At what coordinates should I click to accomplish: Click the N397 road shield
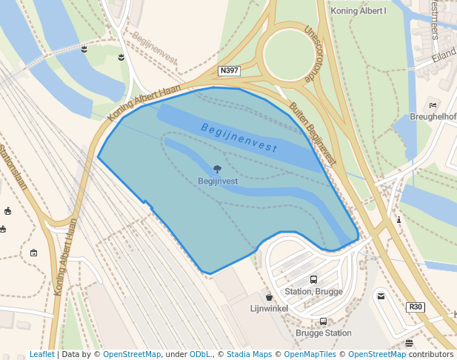point(230,71)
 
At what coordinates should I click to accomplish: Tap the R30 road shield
point(416,307)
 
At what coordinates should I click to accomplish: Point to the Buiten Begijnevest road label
point(313,133)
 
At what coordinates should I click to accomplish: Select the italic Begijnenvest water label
point(239,138)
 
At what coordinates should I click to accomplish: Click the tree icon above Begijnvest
point(217,170)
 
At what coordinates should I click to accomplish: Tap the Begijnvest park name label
point(218,181)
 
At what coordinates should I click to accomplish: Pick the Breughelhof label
point(433,117)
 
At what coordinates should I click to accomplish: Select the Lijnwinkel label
point(269,307)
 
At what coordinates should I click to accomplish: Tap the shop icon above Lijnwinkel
point(269,297)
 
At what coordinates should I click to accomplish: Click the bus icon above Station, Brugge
point(313,280)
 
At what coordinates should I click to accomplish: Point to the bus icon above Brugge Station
point(323,322)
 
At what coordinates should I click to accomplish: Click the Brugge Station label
point(324,333)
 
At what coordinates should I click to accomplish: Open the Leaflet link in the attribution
point(41,355)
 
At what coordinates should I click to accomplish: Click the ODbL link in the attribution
point(199,355)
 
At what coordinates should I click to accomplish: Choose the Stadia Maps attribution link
point(249,355)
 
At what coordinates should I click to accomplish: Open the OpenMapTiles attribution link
point(310,355)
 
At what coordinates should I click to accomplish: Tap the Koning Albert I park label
point(358,11)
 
